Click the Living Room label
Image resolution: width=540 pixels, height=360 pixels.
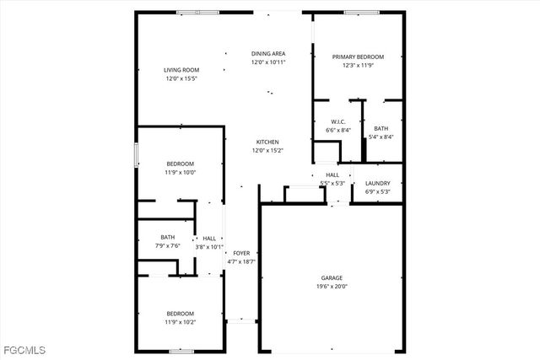tap(181, 70)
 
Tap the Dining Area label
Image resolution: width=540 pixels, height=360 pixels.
tap(267, 53)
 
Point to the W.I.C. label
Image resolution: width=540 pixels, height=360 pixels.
tap(337, 121)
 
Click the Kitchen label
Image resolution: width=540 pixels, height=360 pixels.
tap(267, 142)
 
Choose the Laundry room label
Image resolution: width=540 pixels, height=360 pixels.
tap(377, 183)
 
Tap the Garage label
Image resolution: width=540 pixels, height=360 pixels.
tap(332, 277)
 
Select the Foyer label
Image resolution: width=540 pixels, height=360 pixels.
tap(241, 253)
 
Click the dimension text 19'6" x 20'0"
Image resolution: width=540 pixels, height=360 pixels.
tap(332, 287)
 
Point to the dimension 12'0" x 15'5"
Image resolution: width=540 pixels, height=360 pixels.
tap(181, 78)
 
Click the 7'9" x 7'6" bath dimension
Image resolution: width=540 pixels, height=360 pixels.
tap(168, 246)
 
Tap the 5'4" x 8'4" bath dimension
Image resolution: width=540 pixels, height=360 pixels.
tap(381, 137)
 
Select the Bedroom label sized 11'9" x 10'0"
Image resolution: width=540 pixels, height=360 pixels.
tap(180, 164)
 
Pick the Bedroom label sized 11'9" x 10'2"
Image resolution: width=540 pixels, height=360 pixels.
tap(180, 313)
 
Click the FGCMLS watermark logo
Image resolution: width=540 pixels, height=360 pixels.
tap(24, 349)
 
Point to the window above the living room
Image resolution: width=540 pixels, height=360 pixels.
tap(198, 12)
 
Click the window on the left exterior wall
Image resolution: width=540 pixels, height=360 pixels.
tap(136, 156)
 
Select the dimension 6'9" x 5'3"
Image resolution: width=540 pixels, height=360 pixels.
tap(377, 191)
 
